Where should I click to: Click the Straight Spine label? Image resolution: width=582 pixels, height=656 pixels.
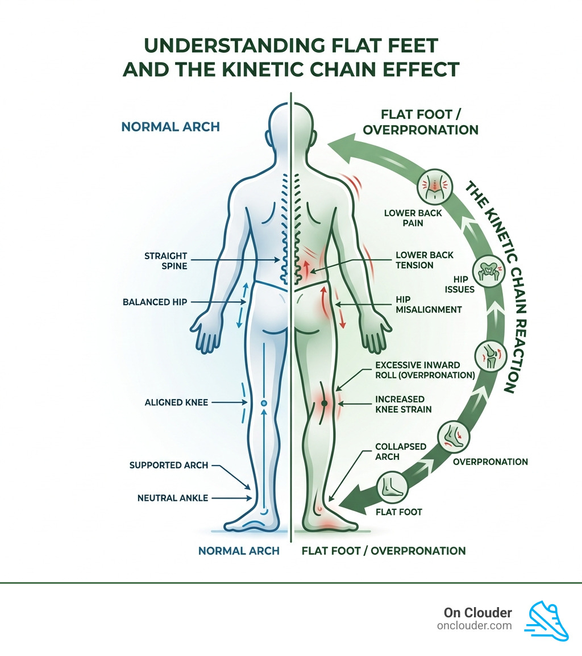[x=165, y=261]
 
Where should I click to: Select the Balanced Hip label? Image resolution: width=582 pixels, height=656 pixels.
[x=155, y=302]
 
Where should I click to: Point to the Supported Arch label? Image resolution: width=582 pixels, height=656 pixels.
[x=169, y=465]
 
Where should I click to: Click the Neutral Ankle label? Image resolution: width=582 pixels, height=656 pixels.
[x=172, y=498]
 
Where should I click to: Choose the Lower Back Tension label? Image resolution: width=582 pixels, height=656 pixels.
[x=425, y=260]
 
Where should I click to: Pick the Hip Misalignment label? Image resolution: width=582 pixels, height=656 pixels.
[x=429, y=304]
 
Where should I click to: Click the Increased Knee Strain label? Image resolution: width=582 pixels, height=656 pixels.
[x=404, y=404]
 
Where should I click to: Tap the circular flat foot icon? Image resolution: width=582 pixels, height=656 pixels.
[x=394, y=488]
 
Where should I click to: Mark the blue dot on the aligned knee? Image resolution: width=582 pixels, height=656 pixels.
[x=263, y=403]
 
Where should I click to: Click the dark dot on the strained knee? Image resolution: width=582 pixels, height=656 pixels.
[x=324, y=403]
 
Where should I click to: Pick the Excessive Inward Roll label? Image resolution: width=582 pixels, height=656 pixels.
[x=425, y=370]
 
